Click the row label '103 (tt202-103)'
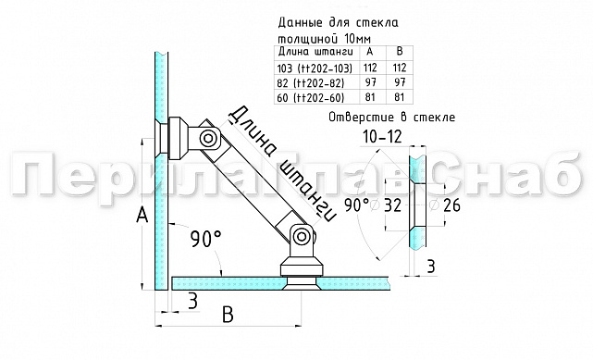[x=313, y=68]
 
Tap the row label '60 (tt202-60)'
[x=309, y=98]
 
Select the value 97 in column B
[x=401, y=83]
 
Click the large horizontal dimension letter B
[x=226, y=313]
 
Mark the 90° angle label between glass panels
[x=205, y=239]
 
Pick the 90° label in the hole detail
[x=358, y=204]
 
